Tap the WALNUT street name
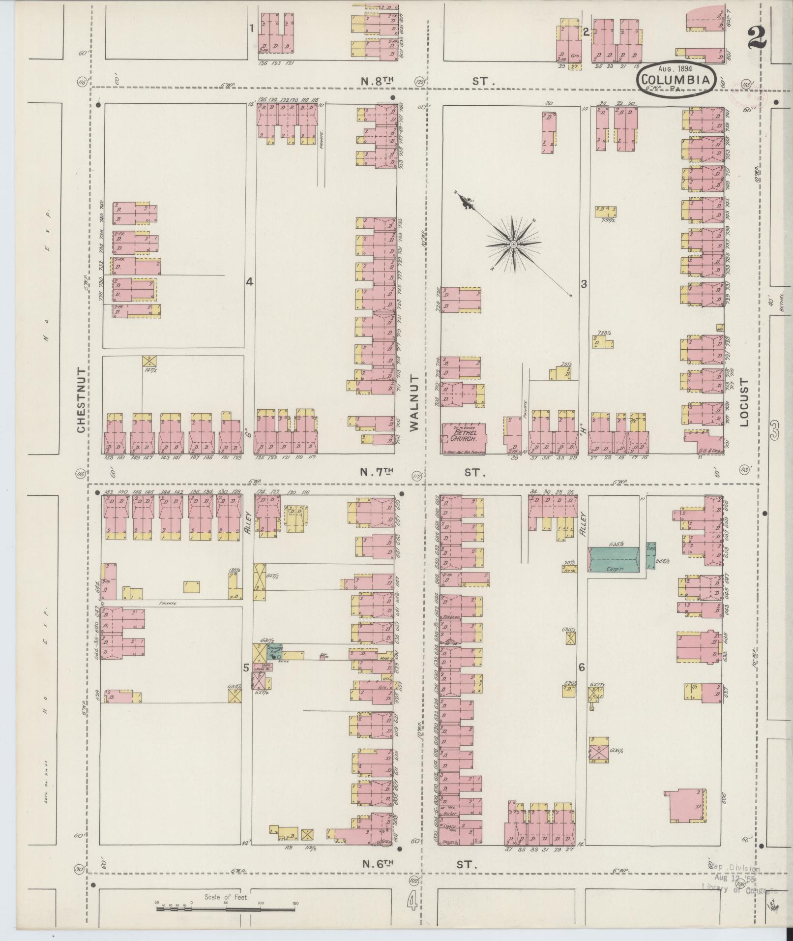[413, 402]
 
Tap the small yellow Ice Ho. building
[570, 568]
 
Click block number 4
[249, 282]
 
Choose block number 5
[245, 668]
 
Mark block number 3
[584, 284]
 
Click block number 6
[582, 667]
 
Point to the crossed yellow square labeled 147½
[149, 361]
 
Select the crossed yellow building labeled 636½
[570, 639]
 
